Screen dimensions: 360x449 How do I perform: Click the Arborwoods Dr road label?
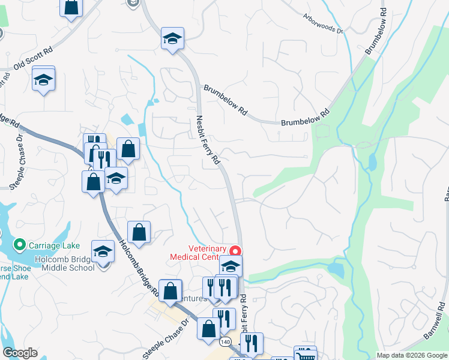coord(323,23)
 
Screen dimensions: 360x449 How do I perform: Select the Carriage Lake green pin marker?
coord(19,245)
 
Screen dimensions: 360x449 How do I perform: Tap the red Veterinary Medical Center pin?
coord(237,251)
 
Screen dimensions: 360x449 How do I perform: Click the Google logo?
coord(20,353)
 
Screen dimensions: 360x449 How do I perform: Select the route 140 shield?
coord(224,341)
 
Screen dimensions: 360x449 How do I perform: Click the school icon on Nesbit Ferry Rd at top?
coord(172,39)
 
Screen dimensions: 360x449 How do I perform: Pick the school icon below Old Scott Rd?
coord(43,79)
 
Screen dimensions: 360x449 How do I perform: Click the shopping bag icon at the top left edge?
coord(71,7)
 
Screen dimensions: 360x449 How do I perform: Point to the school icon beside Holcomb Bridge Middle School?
coord(103,252)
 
